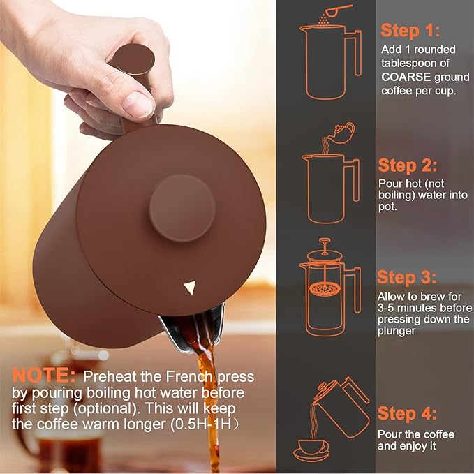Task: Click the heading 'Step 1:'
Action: click(x=410, y=31)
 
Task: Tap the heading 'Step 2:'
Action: click(x=408, y=165)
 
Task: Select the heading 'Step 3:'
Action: click(x=406, y=278)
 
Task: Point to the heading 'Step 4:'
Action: click(x=407, y=413)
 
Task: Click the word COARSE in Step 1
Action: click(x=406, y=77)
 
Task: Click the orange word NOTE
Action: click(x=43, y=376)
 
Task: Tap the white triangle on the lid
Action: click(x=190, y=288)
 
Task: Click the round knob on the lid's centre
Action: click(x=182, y=209)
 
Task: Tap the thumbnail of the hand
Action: click(x=138, y=105)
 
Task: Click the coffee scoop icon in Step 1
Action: click(x=336, y=11)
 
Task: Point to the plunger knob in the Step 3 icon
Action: click(x=325, y=241)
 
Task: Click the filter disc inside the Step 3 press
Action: click(x=325, y=289)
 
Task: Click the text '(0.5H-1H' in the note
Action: click(x=201, y=424)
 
